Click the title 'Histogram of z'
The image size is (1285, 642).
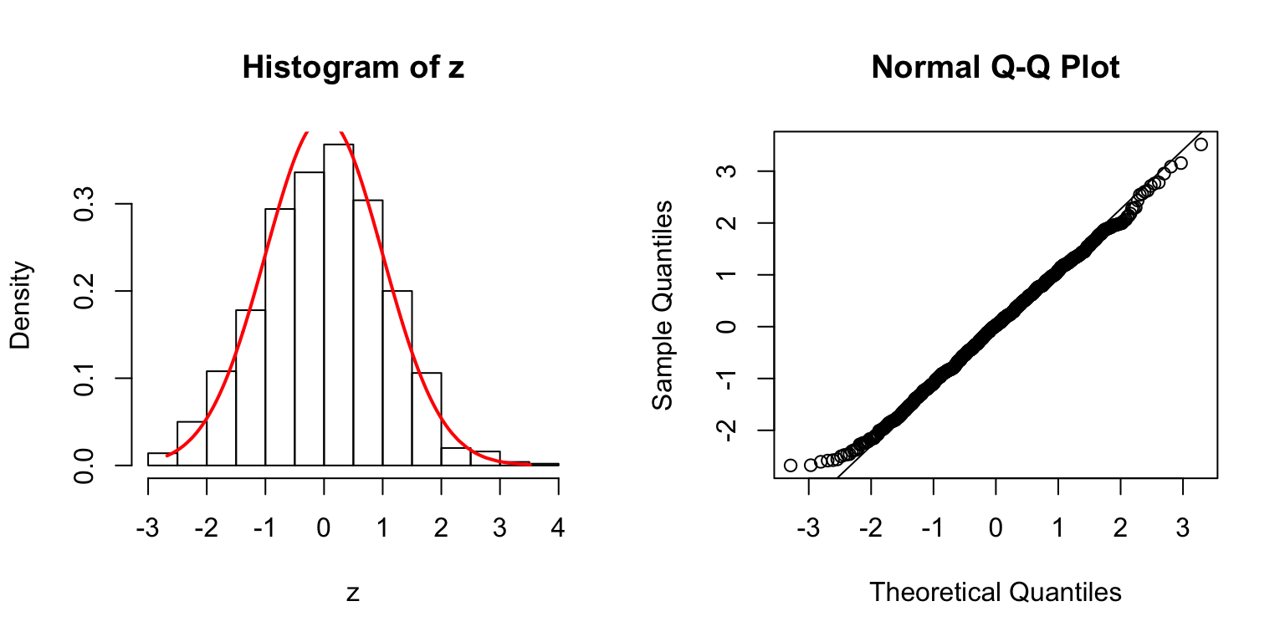(x=353, y=68)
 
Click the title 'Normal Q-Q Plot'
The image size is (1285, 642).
(x=996, y=68)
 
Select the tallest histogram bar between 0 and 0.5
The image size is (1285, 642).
(x=339, y=304)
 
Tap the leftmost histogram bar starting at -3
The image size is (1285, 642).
(x=162, y=459)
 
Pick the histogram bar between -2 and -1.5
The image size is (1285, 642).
(x=221, y=418)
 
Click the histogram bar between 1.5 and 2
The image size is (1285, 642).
(x=427, y=418)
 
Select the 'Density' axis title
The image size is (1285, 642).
(x=22, y=304)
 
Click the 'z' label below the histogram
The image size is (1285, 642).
(x=353, y=594)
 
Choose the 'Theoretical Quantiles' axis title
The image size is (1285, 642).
(x=996, y=592)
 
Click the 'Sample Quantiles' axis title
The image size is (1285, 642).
(x=663, y=304)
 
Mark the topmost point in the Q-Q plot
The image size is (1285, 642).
(x=1201, y=145)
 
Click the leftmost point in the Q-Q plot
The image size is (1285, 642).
(x=791, y=465)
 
